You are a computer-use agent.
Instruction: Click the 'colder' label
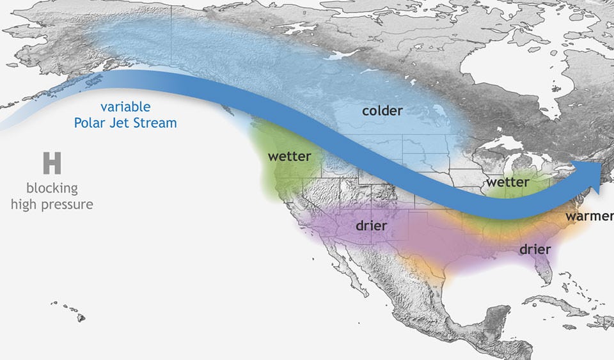tap(382, 111)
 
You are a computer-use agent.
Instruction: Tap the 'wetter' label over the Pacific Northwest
tap(289, 156)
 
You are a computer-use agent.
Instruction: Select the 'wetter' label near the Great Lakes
tap(507, 182)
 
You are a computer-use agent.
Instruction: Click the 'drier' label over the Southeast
tap(535, 249)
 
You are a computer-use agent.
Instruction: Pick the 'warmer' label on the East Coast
tap(588, 216)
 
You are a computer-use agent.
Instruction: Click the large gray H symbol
tap(52, 164)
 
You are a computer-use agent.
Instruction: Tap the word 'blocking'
tap(52, 189)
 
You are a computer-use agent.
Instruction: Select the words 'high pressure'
tap(52, 205)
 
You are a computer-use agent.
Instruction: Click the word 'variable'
tap(125, 107)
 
